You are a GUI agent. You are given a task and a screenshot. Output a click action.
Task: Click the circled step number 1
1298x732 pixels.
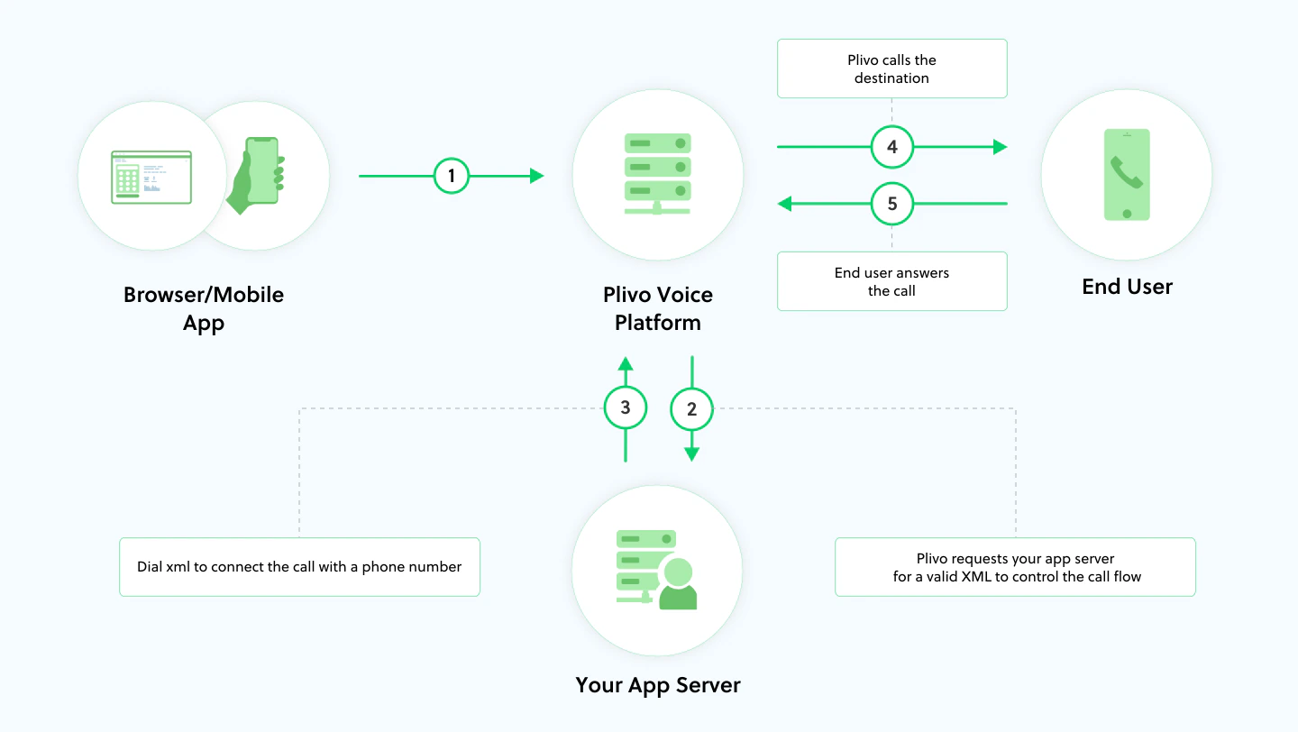452,176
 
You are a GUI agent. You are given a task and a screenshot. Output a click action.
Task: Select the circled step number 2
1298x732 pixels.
691,409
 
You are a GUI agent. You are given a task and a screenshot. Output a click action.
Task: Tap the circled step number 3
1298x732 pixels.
626,409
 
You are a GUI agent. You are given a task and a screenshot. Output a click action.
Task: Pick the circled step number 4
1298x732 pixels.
892,147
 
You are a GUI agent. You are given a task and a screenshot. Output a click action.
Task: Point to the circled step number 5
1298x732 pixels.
892,205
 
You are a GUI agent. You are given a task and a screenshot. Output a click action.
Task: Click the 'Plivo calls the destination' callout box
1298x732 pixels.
891,69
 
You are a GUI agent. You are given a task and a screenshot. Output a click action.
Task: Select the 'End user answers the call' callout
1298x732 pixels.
891,281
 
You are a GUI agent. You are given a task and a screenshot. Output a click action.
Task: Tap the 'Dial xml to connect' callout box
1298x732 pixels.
299,567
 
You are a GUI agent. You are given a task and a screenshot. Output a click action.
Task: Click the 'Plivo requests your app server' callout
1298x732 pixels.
1015,567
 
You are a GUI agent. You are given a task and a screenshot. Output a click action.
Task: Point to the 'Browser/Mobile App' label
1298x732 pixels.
204,308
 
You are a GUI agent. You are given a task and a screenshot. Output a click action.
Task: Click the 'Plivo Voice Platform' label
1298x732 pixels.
658,308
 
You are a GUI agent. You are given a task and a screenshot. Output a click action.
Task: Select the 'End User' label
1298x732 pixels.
1127,287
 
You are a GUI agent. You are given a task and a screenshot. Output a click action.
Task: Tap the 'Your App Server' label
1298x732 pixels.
658,685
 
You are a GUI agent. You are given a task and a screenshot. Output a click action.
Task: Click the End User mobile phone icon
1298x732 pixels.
1127,175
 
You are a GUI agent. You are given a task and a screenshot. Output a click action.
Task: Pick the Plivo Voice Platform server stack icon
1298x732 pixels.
658,173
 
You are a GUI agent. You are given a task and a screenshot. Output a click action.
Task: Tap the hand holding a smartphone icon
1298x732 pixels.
257,175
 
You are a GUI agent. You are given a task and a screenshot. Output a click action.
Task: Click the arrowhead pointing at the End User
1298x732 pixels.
1000,147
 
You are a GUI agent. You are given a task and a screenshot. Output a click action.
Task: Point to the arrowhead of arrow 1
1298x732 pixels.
537,176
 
